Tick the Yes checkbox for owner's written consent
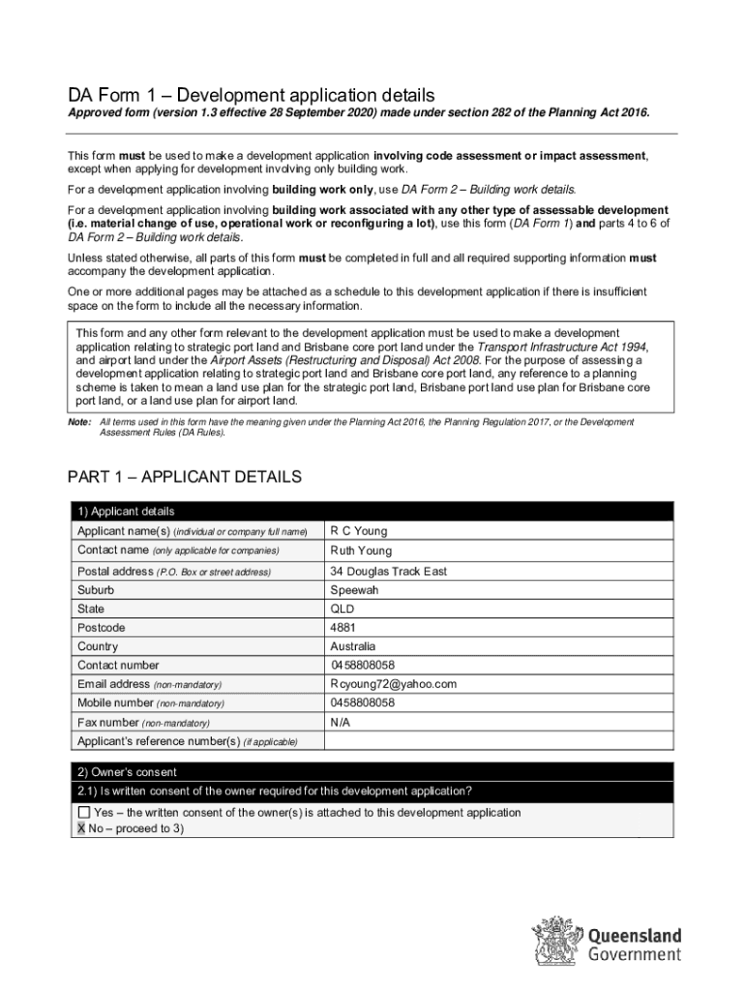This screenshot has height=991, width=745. pyautogui.click(x=84, y=813)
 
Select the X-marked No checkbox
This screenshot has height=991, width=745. pyautogui.click(x=81, y=829)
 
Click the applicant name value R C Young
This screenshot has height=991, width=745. pyautogui.click(x=358, y=531)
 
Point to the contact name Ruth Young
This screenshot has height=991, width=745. pyautogui.click(x=361, y=551)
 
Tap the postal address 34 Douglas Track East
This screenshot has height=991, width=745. pyautogui.click(x=388, y=572)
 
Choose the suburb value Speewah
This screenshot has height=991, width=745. pyautogui.click(x=354, y=590)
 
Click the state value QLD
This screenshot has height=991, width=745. pyautogui.click(x=343, y=610)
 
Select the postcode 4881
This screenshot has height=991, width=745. pyautogui.click(x=343, y=628)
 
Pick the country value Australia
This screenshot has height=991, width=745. pyautogui.click(x=353, y=646)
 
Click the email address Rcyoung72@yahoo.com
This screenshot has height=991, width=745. pyautogui.click(x=393, y=684)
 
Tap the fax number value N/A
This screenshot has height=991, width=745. pyautogui.click(x=340, y=722)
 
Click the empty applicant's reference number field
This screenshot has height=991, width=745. pyautogui.click(x=498, y=741)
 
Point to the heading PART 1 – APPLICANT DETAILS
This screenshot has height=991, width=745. pyautogui.click(x=184, y=477)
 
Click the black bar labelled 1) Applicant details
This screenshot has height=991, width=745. pyautogui.click(x=372, y=511)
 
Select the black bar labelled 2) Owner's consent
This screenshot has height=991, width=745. pyautogui.click(x=372, y=772)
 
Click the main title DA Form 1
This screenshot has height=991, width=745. pyautogui.click(x=251, y=95)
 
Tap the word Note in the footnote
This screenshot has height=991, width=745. pyautogui.click(x=78, y=422)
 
